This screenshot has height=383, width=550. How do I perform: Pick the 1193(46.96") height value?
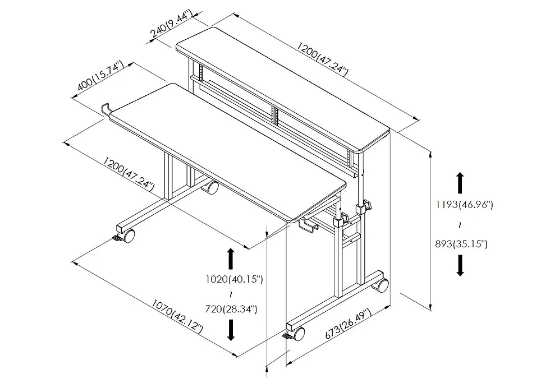(x=464, y=205)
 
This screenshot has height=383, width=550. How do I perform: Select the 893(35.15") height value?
(x=461, y=243)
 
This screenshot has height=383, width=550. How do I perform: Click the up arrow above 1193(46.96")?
(x=460, y=183)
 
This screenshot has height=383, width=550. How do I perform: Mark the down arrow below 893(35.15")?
(x=460, y=265)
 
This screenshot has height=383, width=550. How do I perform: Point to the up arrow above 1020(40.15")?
(x=230, y=259)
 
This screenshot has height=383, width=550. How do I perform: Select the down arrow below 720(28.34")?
(x=231, y=331)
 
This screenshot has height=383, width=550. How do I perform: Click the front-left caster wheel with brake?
(x=129, y=236)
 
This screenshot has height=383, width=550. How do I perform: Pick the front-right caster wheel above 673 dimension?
(x=299, y=334)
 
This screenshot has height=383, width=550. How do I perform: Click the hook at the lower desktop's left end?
(x=105, y=110)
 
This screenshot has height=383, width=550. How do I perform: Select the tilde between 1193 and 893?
(x=460, y=224)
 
